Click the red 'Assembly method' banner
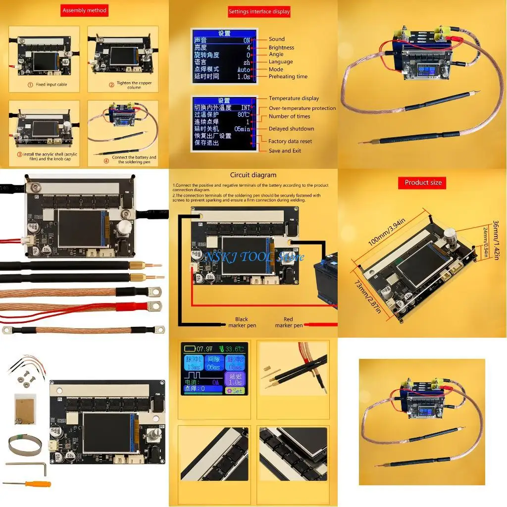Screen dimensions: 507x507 click(x=84, y=10)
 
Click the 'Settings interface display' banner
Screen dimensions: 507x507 click(x=259, y=11)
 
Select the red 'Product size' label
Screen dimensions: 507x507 click(x=423, y=183)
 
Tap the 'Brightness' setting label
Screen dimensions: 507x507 click(x=281, y=48)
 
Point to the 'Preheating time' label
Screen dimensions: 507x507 click(x=288, y=76)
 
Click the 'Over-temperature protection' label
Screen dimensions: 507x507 click(x=302, y=108)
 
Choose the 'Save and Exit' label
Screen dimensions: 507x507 click(x=285, y=151)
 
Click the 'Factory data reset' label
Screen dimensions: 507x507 click(x=290, y=141)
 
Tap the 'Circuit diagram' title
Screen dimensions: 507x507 click(x=253, y=175)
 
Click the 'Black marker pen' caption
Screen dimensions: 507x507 click(x=242, y=322)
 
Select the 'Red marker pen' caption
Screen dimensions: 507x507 click(x=289, y=322)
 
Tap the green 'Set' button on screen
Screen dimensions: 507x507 click(x=236, y=391)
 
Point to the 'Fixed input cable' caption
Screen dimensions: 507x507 click(x=48, y=85)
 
